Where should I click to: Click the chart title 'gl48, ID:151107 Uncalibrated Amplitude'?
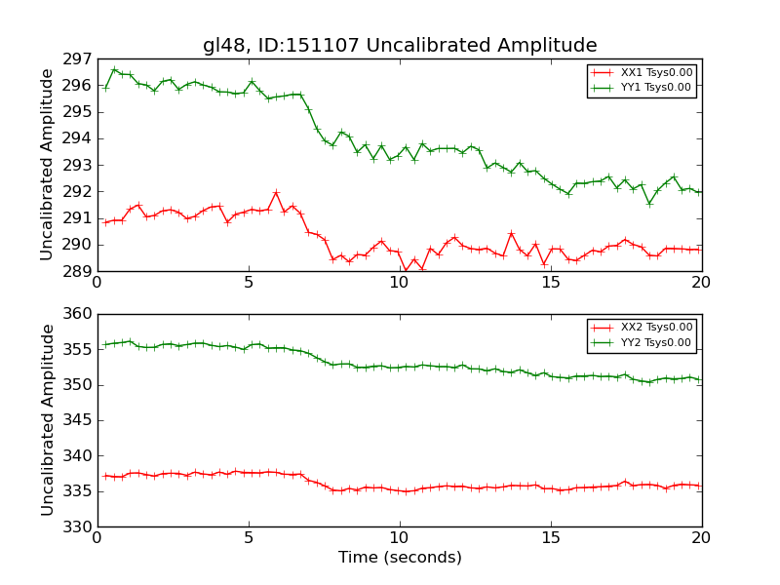tap(400, 46)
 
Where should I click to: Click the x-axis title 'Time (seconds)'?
tap(400, 558)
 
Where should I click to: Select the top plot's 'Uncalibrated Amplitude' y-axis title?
tap(47, 165)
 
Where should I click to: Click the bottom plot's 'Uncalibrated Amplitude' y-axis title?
tap(47, 420)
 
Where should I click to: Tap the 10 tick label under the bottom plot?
tap(400, 538)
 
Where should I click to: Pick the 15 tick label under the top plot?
tap(551, 283)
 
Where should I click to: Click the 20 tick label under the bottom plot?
tap(702, 538)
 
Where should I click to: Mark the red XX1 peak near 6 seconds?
tap(276, 192)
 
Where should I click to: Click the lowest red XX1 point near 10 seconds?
tap(406, 271)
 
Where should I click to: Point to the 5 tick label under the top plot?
tap(249, 283)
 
